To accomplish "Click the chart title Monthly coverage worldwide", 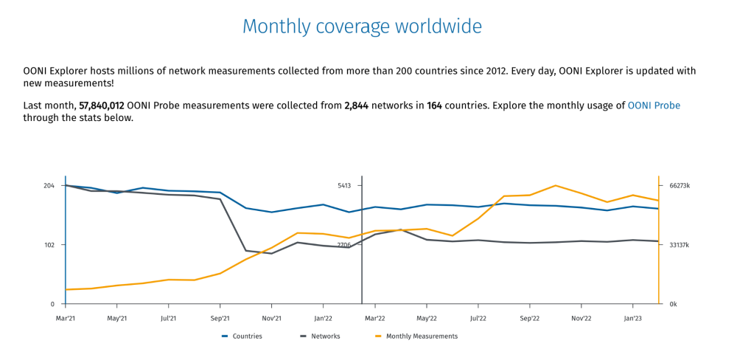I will point(362,27).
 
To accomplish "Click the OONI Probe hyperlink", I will point(654,106).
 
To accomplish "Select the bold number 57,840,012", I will point(101,106).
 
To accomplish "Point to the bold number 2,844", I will point(356,106).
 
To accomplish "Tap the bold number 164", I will point(434,106).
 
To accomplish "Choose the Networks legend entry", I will point(325,336).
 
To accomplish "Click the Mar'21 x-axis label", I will point(66,319).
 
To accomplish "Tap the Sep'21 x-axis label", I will point(220,319).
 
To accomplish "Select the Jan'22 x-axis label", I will point(323,319).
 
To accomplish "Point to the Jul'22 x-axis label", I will point(478,319).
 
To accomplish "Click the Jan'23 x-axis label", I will point(632,319).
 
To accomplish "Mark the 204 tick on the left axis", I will point(49,186).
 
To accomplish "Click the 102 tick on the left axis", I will point(49,245).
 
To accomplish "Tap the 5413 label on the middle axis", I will point(345,186).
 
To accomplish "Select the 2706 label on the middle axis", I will point(345,245).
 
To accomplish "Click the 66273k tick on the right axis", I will point(680,186).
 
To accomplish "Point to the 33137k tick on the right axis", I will point(680,245).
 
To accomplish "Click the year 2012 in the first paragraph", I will point(492,71).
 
